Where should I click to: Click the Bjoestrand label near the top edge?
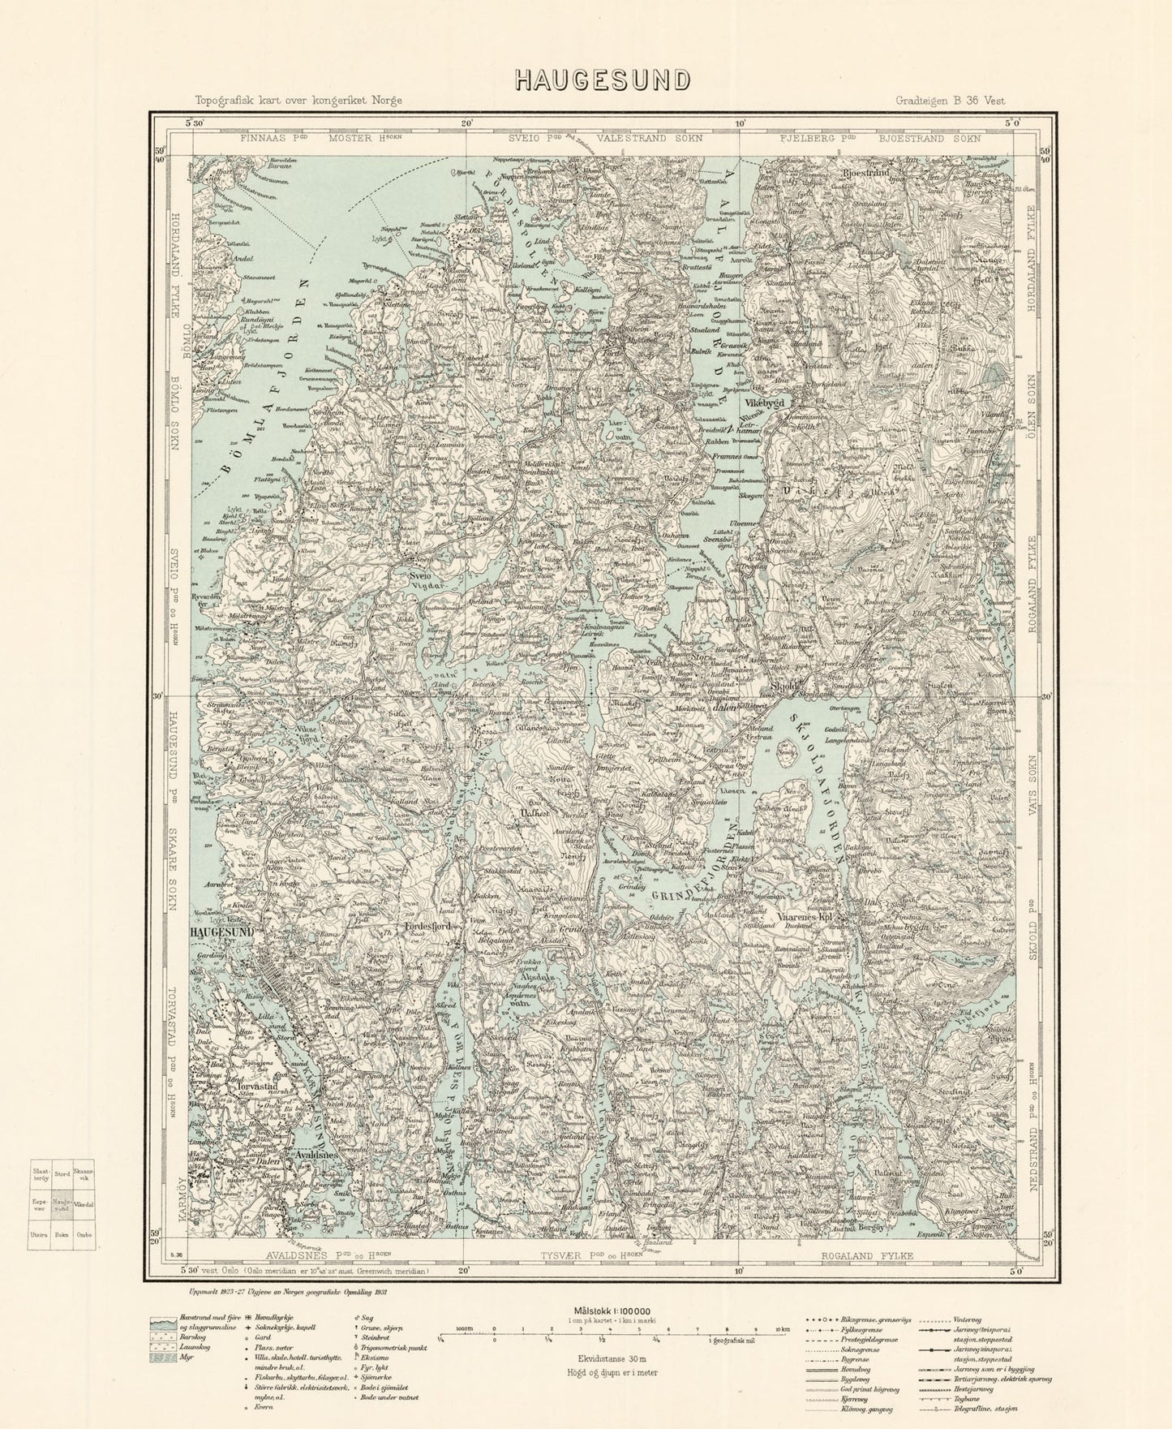[x=865, y=174]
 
